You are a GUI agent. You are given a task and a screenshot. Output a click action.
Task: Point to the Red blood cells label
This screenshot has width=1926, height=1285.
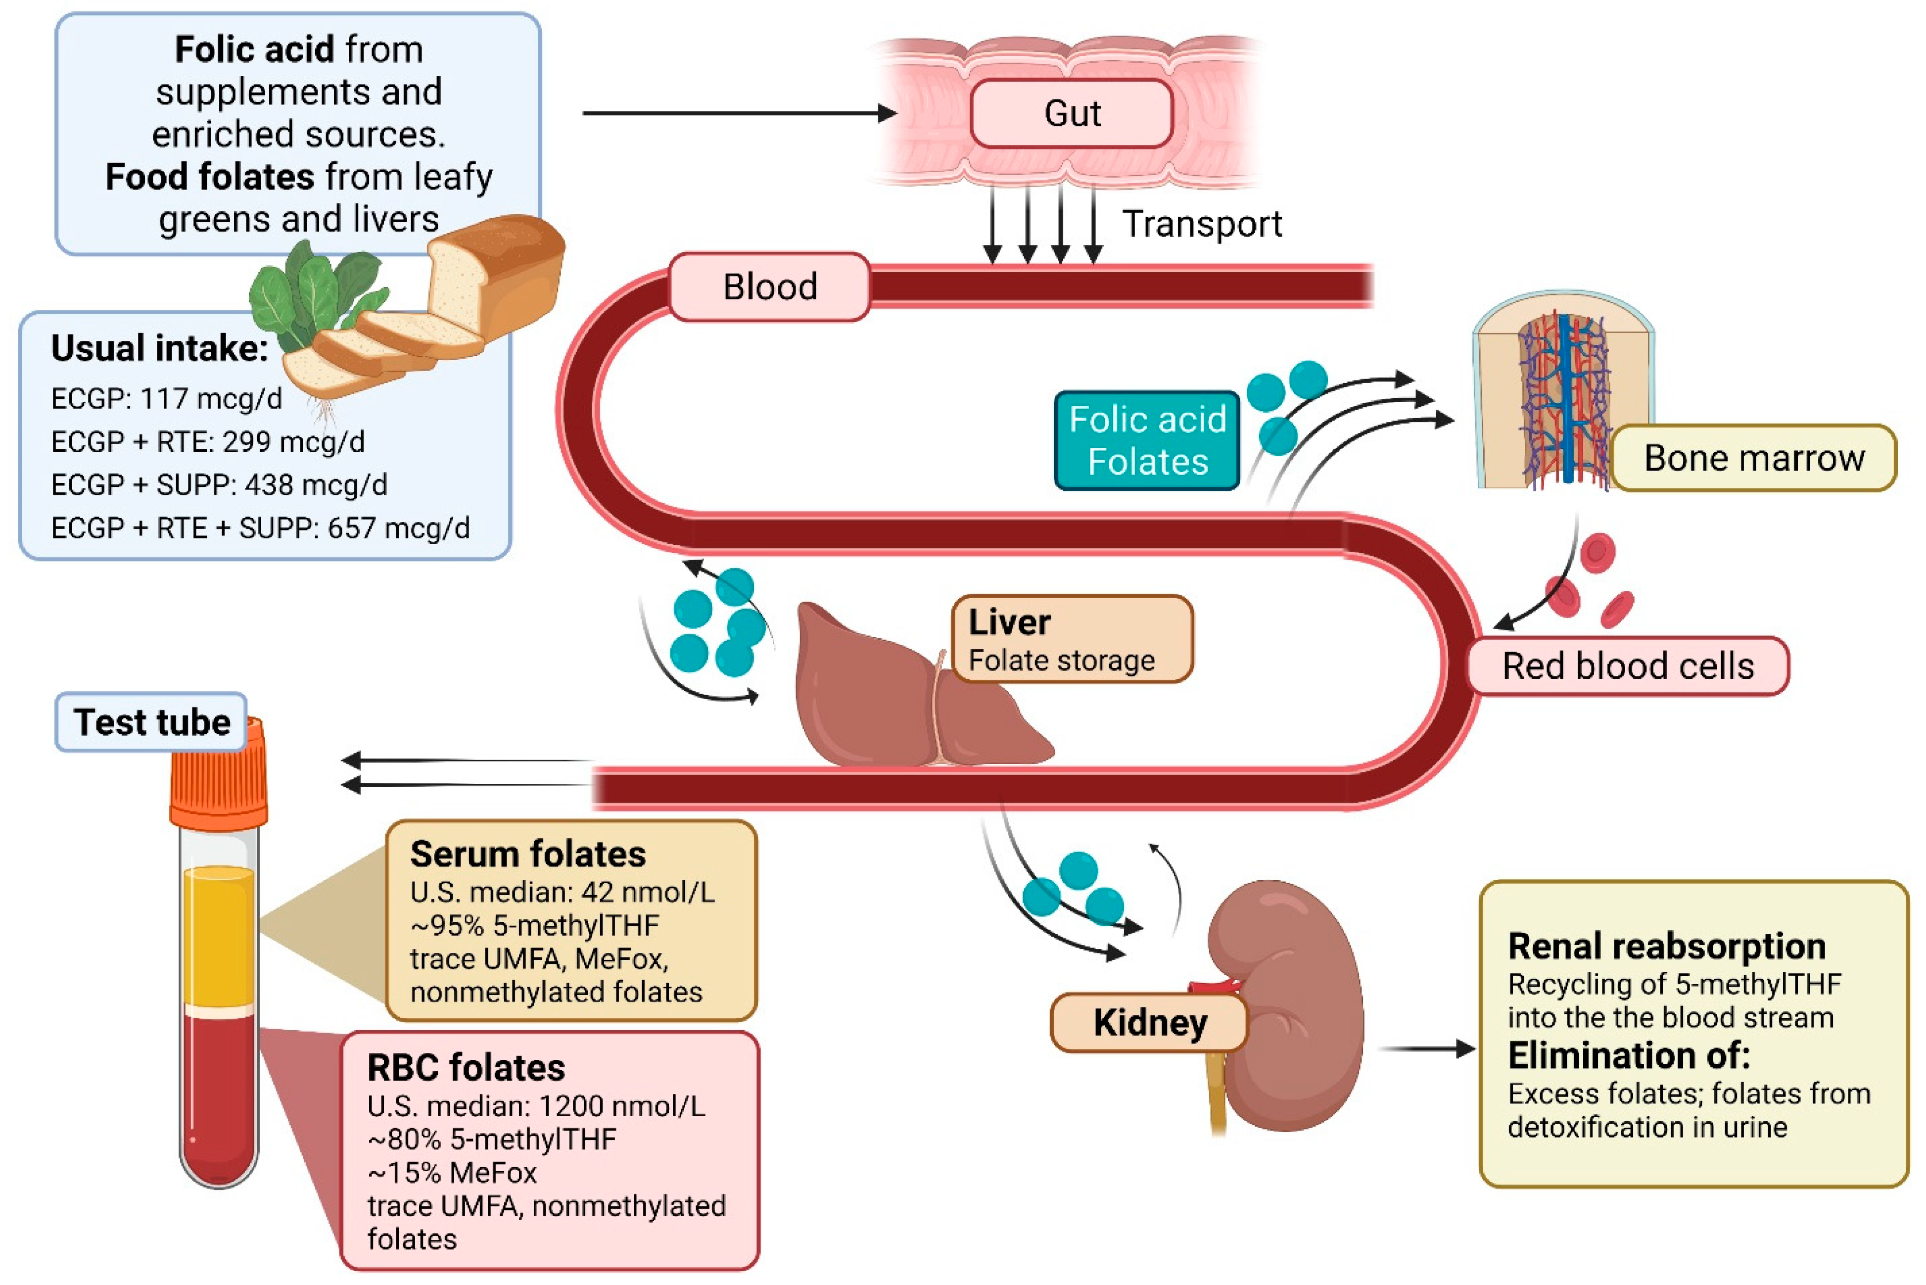click(1627, 666)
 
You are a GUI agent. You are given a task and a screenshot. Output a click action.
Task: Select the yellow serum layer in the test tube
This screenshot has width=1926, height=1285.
click(218, 934)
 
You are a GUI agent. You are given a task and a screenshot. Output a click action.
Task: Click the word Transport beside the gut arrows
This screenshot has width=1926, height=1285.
click(1201, 224)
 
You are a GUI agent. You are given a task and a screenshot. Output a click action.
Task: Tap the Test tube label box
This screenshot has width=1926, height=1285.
click(151, 722)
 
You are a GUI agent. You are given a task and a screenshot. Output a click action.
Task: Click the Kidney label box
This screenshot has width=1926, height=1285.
click(1149, 1022)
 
